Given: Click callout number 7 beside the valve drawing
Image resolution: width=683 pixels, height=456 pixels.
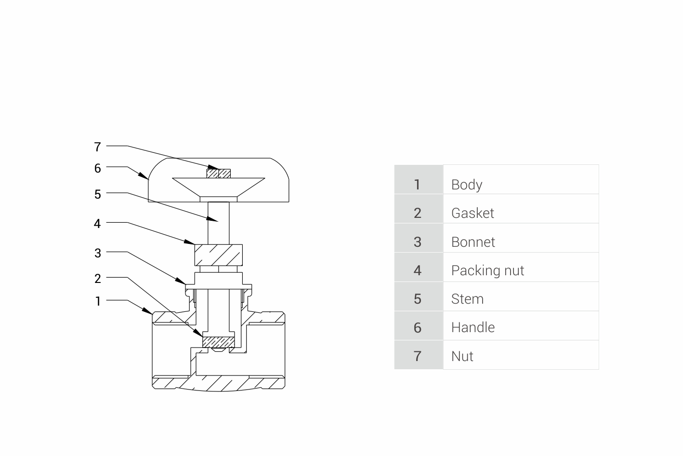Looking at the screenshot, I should tap(98, 147).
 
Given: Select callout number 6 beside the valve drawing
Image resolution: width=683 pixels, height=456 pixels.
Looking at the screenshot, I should tap(98, 168).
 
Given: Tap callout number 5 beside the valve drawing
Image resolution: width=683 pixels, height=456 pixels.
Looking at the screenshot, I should tap(98, 194).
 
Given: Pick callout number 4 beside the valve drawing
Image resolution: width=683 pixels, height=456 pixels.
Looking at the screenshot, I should tap(98, 224).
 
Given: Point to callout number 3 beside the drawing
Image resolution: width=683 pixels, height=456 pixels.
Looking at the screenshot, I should tap(98, 253).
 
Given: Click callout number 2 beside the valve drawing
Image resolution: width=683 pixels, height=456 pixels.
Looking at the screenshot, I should tap(98, 279).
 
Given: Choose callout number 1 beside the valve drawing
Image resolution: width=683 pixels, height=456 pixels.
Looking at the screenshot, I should tap(98, 302).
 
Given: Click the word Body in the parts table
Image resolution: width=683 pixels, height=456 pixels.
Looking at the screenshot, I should tap(466, 185).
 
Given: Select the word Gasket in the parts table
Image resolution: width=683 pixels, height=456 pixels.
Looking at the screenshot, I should tap(473, 213).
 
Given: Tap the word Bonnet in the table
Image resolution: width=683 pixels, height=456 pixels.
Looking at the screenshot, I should tap(473, 242).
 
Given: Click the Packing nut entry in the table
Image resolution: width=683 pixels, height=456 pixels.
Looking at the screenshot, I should tap(487, 270).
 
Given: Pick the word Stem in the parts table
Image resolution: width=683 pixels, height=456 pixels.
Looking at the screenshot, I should tap(467, 299).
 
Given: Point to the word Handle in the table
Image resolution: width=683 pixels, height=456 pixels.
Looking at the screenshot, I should tap(473, 328).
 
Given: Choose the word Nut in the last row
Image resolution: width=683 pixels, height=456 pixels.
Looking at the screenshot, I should tap(462, 356).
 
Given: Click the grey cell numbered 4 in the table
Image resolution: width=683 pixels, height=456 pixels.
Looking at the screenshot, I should tap(418, 270).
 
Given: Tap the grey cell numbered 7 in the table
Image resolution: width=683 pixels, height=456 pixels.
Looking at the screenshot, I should tap(418, 356).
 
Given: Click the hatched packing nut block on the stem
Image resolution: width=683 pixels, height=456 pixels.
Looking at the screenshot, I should tap(218, 255).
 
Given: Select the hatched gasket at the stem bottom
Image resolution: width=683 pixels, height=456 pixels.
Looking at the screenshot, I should tap(218, 342).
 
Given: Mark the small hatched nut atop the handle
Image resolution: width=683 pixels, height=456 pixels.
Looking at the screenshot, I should tap(218, 173).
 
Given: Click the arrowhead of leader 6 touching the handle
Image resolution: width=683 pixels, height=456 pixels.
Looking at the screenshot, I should tap(145, 176).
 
